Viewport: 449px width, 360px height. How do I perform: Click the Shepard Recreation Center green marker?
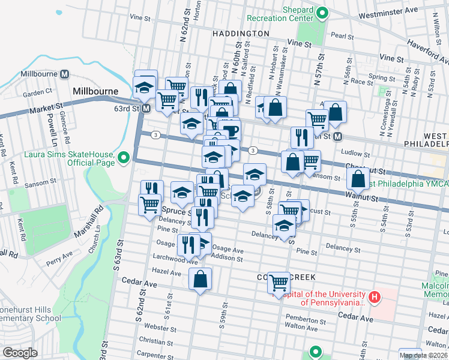pyautogui.click(x=321, y=12)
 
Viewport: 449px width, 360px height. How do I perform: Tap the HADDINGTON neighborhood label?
pyautogui.click(x=240, y=34)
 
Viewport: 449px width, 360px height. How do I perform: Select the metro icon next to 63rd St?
pyautogui.click(x=146, y=109)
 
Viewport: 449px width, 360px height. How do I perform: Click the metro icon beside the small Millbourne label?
pyautogui.click(x=64, y=74)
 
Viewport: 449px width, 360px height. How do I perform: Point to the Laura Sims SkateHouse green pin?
pyautogui.click(x=124, y=158)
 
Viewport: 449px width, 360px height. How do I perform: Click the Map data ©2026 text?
pyautogui.click(x=423, y=355)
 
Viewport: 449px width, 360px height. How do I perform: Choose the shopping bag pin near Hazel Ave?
pyautogui.click(x=200, y=279)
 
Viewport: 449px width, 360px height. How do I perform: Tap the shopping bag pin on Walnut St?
pyautogui.click(x=358, y=178)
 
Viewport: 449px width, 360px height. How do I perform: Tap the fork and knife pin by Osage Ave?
pyautogui.click(x=188, y=244)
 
